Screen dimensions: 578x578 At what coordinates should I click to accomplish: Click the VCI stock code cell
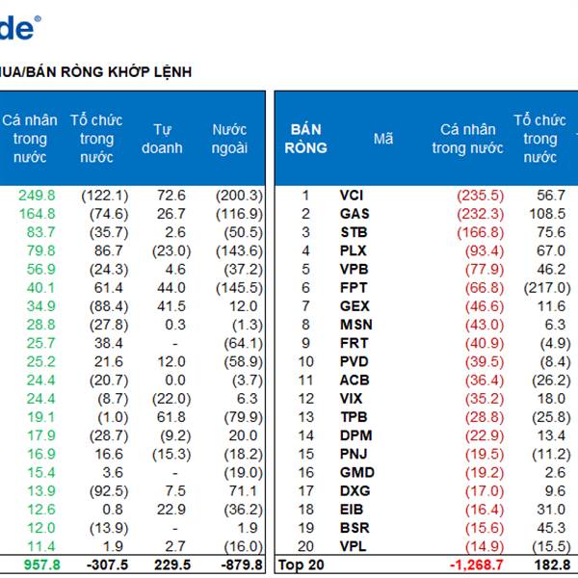tap(352, 196)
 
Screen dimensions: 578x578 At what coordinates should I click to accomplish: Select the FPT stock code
tap(355, 288)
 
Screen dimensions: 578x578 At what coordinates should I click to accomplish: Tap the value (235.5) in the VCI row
tap(480, 196)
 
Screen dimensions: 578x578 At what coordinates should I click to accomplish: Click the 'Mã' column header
tap(383, 139)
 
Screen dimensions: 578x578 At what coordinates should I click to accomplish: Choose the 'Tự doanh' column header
tap(162, 139)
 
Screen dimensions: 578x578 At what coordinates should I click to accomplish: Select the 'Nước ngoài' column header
tap(229, 139)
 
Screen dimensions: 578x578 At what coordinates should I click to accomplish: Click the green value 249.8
tap(37, 196)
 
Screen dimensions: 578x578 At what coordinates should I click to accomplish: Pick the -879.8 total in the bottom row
tap(235, 565)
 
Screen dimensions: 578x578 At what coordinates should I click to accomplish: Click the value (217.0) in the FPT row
tap(545, 288)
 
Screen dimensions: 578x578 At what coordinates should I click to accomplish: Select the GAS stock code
tap(355, 214)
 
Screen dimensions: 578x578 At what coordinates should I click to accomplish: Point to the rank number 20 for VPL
tap(305, 547)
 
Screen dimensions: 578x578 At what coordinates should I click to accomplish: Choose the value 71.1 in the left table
tap(244, 491)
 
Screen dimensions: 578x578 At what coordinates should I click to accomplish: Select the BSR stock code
tap(355, 529)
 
